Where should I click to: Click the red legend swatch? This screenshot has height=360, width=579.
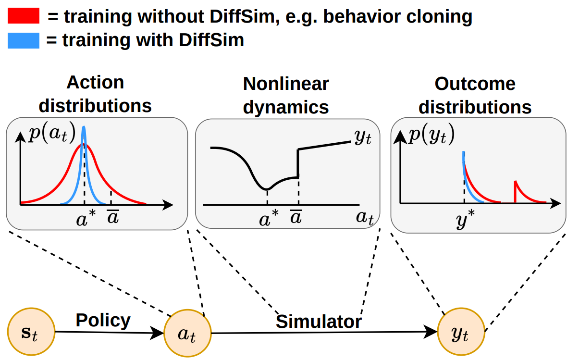pyautogui.click(x=23, y=17)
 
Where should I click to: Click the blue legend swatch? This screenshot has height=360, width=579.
pyautogui.click(x=23, y=40)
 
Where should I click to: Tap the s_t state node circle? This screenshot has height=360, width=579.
pyautogui.click(x=31, y=332)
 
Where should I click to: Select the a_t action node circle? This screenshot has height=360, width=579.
pyautogui.click(x=187, y=334)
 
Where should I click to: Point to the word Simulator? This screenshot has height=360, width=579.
pyautogui.click(x=319, y=322)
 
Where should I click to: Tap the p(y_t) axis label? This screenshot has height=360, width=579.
pyautogui.click(x=431, y=135)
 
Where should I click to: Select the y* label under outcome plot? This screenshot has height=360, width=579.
pyautogui.click(x=464, y=219)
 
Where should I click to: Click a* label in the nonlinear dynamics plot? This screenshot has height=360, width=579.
pyautogui.click(x=268, y=219)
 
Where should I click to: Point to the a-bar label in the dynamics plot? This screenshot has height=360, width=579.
pyautogui.click(x=296, y=218)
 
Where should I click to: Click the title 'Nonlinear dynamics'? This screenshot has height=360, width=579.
pyautogui.click(x=286, y=95)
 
